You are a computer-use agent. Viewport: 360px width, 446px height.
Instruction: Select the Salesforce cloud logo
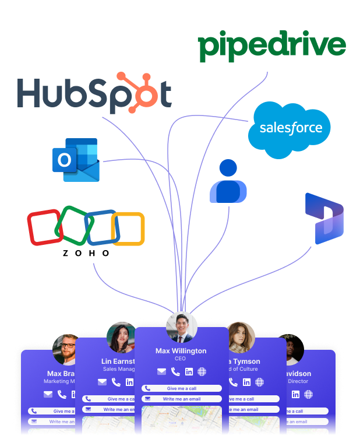coord(290,129)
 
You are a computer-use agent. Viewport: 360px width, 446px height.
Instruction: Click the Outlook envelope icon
coord(76,160)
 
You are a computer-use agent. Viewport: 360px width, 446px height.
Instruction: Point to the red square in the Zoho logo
coord(44,227)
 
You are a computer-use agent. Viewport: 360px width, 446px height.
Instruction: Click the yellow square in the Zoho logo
coord(128,229)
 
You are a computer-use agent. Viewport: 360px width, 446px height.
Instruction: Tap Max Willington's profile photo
coord(181,328)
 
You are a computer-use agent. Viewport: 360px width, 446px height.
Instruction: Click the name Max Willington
coord(181,351)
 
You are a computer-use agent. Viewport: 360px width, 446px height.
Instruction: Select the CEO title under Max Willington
coord(180,359)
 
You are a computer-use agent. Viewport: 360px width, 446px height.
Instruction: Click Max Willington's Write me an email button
coord(181,399)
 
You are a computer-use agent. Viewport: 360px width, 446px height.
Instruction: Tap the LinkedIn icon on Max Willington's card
coord(189,372)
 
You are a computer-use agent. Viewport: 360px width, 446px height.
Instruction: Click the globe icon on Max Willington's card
coord(202,372)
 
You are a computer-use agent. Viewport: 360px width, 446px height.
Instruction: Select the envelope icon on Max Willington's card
coord(161,372)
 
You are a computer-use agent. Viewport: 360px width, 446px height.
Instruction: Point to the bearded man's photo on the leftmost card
coord(67,349)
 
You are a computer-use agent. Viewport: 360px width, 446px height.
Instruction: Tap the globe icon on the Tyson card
coord(260,382)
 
